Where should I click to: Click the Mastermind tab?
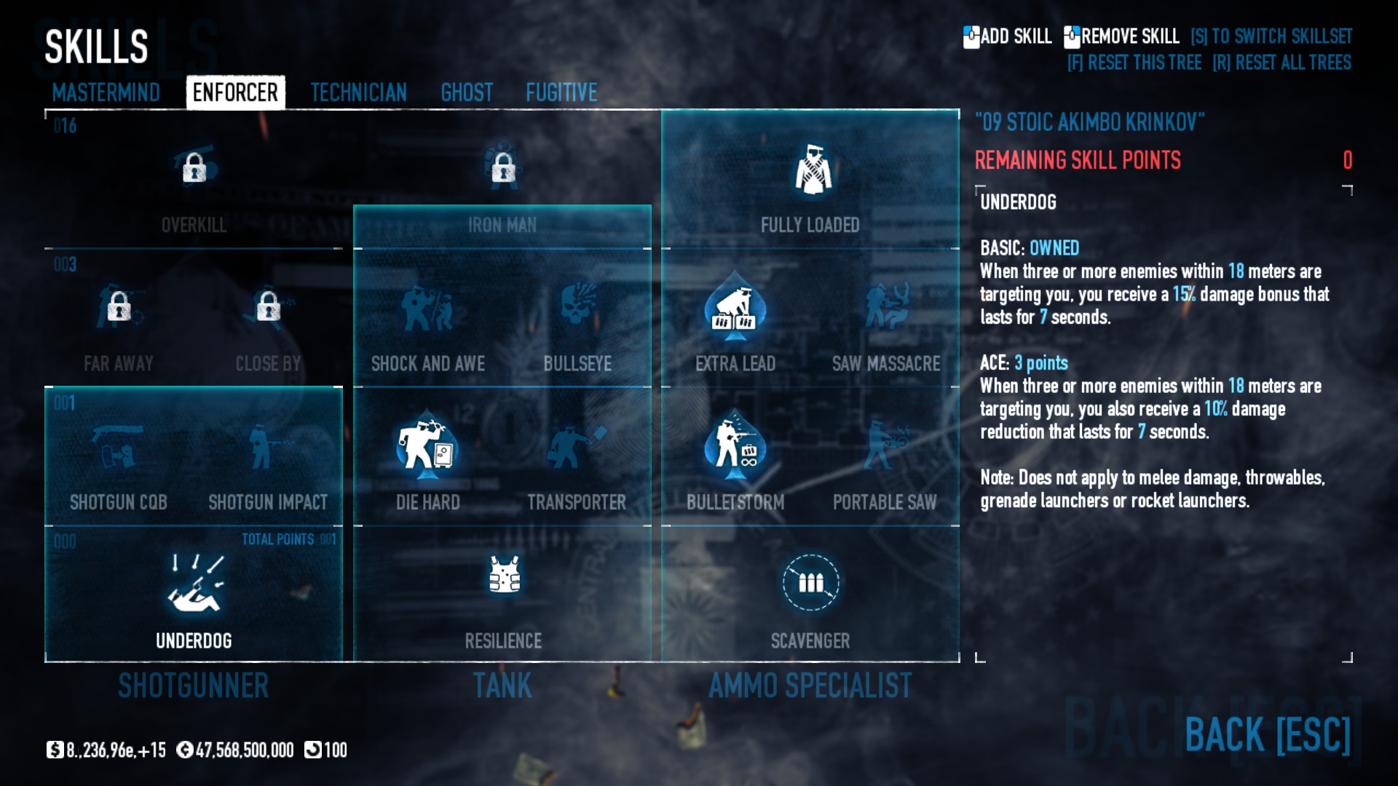(x=106, y=92)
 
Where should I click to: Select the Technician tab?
(x=358, y=92)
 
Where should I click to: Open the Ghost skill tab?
(x=467, y=92)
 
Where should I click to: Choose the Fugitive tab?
(x=561, y=92)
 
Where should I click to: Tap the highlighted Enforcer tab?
(x=235, y=92)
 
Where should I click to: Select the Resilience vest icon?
(x=503, y=575)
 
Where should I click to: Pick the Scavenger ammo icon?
(x=810, y=582)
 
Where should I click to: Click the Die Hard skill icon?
(x=427, y=445)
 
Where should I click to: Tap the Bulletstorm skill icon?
(x=735, y=445)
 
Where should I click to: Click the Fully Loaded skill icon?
(x=813, y=170)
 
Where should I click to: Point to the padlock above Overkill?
(x=194, y=168)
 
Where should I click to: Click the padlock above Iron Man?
(x=502, y=168)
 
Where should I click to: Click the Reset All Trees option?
(x=1281, y=63)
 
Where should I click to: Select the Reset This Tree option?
(x=1134, y=63)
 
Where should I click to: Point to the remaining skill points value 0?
(x=1347, y=160)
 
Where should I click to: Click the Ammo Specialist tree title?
(x=810, y=686)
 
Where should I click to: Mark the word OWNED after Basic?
(x=1054, y=248)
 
